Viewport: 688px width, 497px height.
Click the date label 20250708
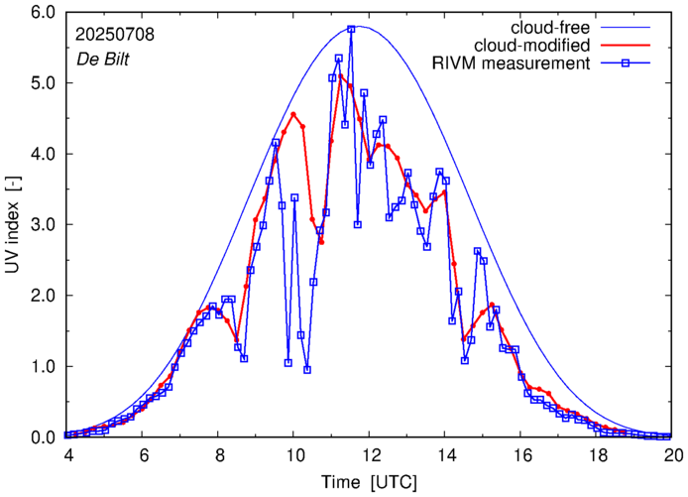[113, 33]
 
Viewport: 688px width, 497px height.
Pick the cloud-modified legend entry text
[532, 46]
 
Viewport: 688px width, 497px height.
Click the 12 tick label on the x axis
[370, 454]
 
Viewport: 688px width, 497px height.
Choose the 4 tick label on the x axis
[67, 454]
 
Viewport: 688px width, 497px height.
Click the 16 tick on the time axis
[521, 454]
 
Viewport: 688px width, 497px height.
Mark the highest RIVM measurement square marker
[351, 30]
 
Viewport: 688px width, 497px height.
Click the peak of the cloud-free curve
[358, 27]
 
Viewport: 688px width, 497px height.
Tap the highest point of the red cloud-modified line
[341, 75]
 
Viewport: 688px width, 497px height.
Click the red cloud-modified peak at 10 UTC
[293, 114]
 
